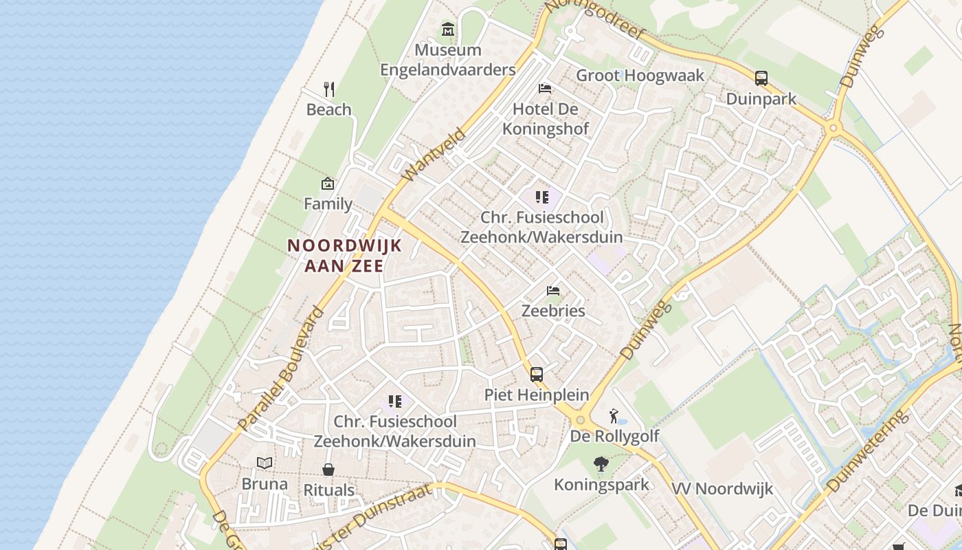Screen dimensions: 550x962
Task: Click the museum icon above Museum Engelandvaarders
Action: coord(448,30)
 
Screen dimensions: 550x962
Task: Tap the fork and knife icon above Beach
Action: coord(329,89)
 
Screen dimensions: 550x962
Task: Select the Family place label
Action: coord(328,203)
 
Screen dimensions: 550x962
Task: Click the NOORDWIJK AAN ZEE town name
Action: coord(344,255)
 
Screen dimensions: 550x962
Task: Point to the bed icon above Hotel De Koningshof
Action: coord(545,89)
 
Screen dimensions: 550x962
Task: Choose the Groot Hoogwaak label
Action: coord(640,76)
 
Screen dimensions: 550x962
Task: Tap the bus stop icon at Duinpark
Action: coord(761,78)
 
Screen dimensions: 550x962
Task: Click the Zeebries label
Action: coord(553,310)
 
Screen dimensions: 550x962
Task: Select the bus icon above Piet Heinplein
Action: coord(537,375)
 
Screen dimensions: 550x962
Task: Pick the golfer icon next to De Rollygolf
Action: coord(614,416)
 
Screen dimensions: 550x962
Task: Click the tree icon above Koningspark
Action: coord(601,465)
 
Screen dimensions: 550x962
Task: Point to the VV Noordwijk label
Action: coord(722,489)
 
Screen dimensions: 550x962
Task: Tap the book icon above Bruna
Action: coord(265,463)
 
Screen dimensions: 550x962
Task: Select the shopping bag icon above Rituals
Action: coord(328,470)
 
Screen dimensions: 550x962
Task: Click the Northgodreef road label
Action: coord(594,20)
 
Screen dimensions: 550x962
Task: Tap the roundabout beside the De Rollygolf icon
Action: coord(581,420)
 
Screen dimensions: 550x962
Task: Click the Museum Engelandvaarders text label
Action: coord(448,60)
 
